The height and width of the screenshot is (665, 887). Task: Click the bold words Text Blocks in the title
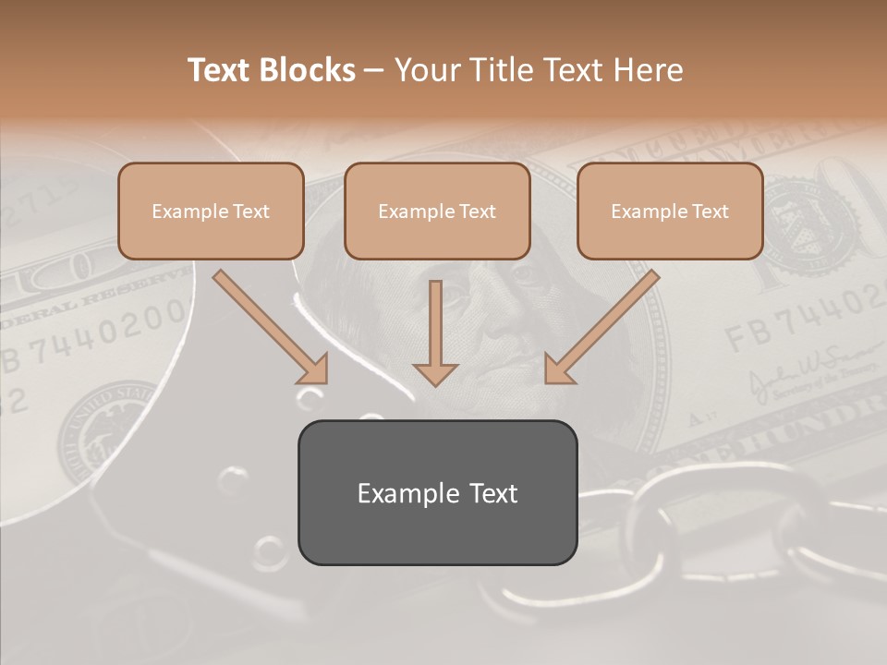pyautogui.click(x=272, y=70)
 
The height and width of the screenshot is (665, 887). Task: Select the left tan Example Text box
pyautogui.click(x=211, y=211)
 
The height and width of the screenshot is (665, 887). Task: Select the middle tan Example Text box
pyautogui.click(x=437, y=211)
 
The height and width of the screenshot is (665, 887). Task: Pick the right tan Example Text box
pyautogui.click(x=670, y=211)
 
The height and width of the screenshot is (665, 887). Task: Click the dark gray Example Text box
pyautogui.click(x=437, y=492)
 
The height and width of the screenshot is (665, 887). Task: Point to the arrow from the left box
pyautogui.click(x=268, y=325)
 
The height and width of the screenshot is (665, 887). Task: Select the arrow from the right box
pyautogui.click(x=605, y=324)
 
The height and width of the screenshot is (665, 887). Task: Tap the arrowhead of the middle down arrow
pyautogui.click(x=435, y=373)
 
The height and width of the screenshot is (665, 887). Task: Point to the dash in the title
pyautogui.click(x=374, y=71)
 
